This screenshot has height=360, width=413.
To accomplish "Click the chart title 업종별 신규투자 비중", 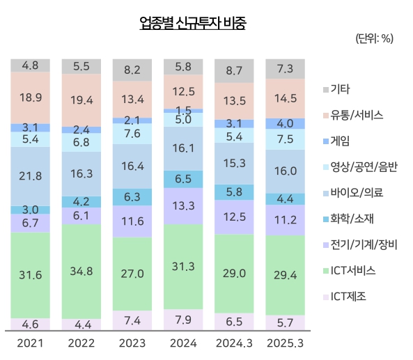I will [192, 23].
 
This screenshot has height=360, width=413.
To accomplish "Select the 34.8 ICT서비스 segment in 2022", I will [81, 271].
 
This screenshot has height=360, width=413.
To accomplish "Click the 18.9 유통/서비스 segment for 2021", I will [31, 97].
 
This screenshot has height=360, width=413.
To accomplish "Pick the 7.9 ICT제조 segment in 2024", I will [183, 320].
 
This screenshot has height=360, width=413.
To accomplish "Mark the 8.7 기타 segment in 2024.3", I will [234, 70].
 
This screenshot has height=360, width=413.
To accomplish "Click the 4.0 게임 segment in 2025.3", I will [285, 123].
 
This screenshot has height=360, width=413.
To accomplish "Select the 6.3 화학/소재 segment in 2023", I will [132, 196].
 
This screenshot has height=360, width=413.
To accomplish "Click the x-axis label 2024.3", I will [234, 344].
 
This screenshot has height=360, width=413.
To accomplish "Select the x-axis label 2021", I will [31, 344].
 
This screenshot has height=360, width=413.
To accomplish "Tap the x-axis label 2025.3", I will [285, 344].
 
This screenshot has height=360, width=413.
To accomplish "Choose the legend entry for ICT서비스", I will [354, 269].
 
